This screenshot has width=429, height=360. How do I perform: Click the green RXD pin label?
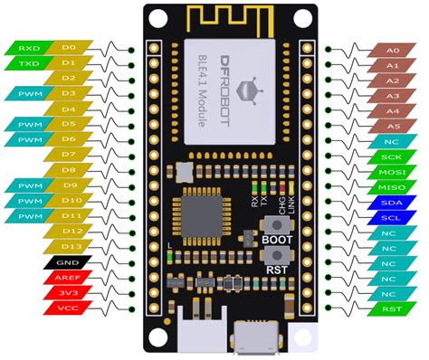tap(26, 46)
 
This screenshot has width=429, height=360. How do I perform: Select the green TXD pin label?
tap(26, 62)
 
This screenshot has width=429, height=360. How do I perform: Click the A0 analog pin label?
tap(391, 52)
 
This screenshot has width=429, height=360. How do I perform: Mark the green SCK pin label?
tap(391, 156)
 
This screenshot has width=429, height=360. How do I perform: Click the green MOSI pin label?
tap(391, 171)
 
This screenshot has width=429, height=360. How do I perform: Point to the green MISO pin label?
tap(391, 186)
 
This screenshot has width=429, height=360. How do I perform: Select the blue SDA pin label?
tap(391, 203)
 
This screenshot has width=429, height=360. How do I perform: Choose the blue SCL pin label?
tap(391, 218)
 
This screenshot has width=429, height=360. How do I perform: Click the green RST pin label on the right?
tap(391, 309)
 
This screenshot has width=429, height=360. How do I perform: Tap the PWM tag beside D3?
tap(26, 93)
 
